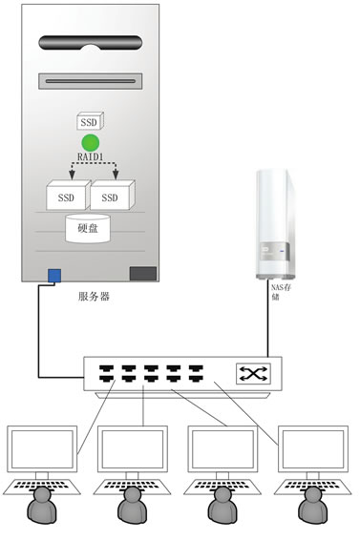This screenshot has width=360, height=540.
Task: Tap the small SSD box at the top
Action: [90, 123]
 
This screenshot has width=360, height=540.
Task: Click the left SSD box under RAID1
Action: [66, 197]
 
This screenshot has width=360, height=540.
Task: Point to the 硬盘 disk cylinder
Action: [88, 230]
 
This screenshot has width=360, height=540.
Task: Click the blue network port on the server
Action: [54, 276]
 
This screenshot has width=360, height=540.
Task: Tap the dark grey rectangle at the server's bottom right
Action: [143, 274]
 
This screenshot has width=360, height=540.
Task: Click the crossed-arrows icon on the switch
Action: [253, 374]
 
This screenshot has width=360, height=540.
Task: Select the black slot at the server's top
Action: [91, 42]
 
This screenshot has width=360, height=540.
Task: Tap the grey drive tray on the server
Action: [91, 80]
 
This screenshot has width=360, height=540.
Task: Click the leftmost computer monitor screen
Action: [42, 447]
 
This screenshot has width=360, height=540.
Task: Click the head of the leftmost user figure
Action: [41, 500]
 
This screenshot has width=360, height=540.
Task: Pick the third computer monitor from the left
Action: [222, 447]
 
